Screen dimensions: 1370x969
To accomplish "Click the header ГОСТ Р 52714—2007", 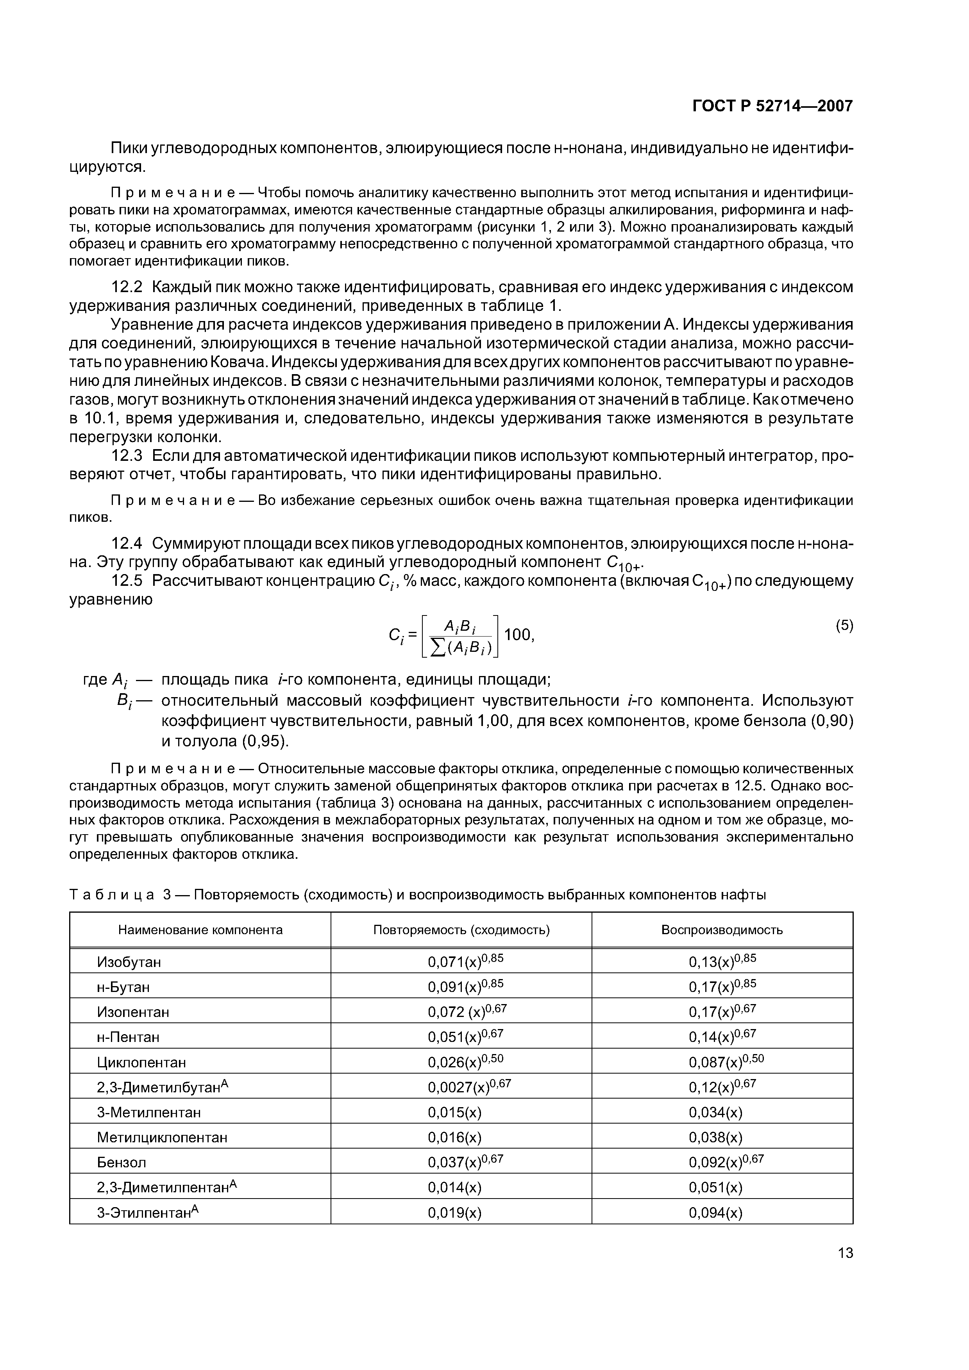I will (772, 106).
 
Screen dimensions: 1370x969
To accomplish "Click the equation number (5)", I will (844, 625).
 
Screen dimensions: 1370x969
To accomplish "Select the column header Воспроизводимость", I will (722, 929).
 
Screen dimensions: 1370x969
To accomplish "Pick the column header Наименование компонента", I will (200, 929).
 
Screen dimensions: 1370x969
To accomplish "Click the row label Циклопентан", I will (141, 1062).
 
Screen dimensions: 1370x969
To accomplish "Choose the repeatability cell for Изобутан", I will (466, 961).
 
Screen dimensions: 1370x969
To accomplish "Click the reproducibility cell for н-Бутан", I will (722, 986).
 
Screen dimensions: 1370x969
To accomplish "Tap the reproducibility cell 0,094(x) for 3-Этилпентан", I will (715, 1213).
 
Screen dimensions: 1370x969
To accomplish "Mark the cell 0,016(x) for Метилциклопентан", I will (454, 1137).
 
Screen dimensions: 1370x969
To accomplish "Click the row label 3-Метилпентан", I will (148, 1112).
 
